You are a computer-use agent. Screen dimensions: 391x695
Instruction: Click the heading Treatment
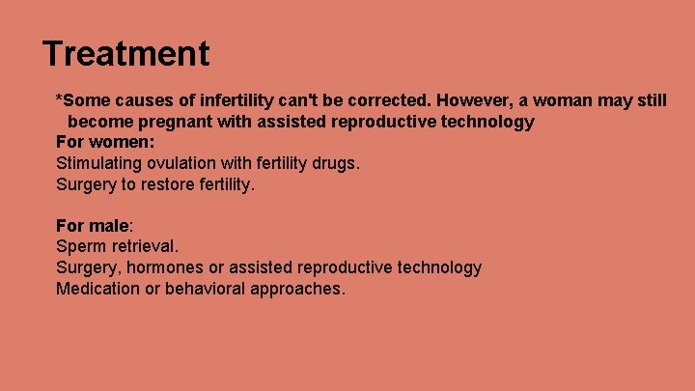point(125,53)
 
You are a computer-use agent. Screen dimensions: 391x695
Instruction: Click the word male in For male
point(109,226)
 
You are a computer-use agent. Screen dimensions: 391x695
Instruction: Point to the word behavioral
point(211,289)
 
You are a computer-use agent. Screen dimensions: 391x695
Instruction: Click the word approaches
point(300,289)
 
